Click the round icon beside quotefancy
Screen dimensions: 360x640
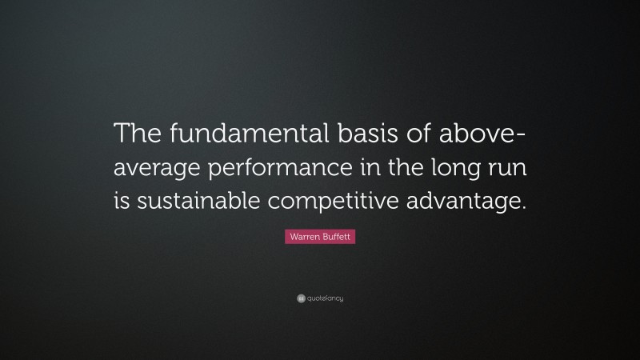click(x=301, y=298)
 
